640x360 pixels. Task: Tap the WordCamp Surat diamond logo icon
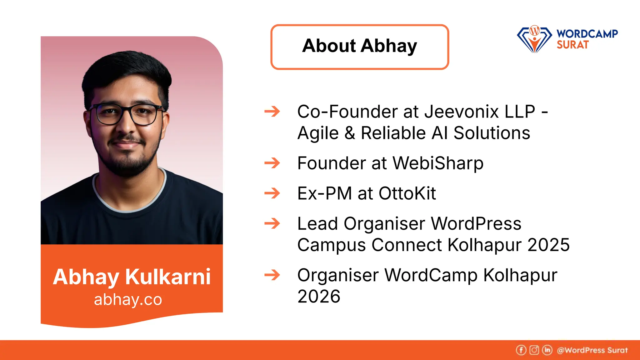click(x=534, y=39)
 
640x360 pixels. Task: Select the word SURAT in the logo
click(x=572, y=45)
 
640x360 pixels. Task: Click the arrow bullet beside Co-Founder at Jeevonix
click(x=272, y=112)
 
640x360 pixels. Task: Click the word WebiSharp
click(x=438, y=163)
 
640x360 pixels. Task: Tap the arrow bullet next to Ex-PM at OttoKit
click(x=272, y=193)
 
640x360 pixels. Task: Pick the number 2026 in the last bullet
click(x=319, y=296)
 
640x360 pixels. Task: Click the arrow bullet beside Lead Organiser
click(x=272, y=223)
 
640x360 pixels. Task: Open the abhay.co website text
click(x=128, y=299)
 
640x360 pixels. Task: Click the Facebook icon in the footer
click(x=521, y=350)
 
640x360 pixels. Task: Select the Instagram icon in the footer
click(x=534, y=350)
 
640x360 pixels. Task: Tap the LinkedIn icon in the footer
click(x=547, y=350)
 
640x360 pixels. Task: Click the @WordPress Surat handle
click(x=592, y=350)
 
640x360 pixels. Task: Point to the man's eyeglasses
click(x=127, y=114)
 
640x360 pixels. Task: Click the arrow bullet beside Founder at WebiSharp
click(x=272, y=163)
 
